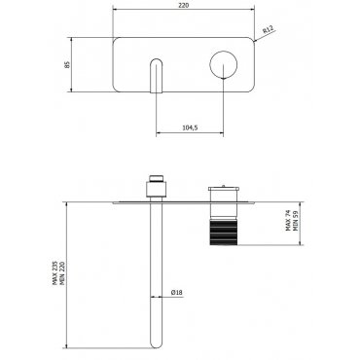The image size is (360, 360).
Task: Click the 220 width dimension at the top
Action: coord(183,6)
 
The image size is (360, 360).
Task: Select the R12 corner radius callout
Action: coord(269,30)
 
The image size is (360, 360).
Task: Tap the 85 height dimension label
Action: coord(67,64)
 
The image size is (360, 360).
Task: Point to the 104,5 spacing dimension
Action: coord(190,127)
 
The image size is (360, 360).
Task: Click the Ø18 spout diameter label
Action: coord(177,292)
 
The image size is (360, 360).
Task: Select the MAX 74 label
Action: coord(288,220)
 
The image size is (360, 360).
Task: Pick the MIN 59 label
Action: coord(295,221)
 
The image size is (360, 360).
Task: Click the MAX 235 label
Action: coord(55,273)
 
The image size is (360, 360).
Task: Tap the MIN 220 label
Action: coord(62,273)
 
